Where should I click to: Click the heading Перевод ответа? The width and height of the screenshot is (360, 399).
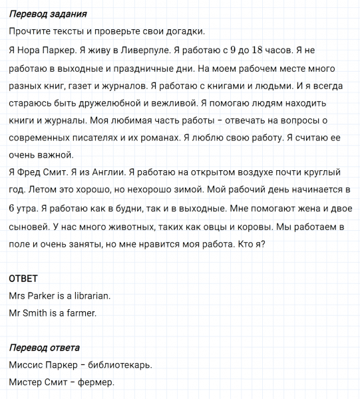tap(45, 348)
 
